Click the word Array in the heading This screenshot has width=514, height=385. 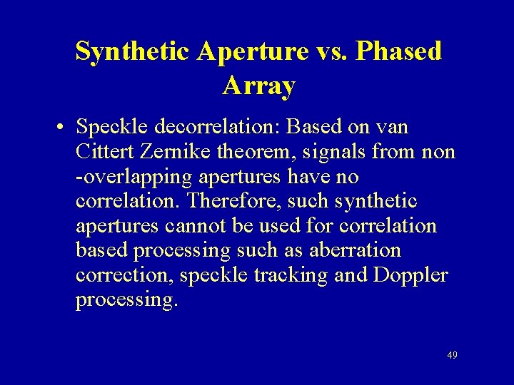tap(258, 86)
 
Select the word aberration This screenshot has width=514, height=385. tap(357, 251)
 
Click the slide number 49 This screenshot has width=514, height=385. tap(451, 355)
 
